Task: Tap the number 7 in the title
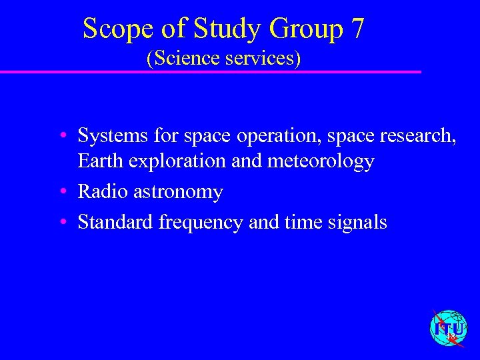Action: (357, 29)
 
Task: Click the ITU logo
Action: (449, 329)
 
